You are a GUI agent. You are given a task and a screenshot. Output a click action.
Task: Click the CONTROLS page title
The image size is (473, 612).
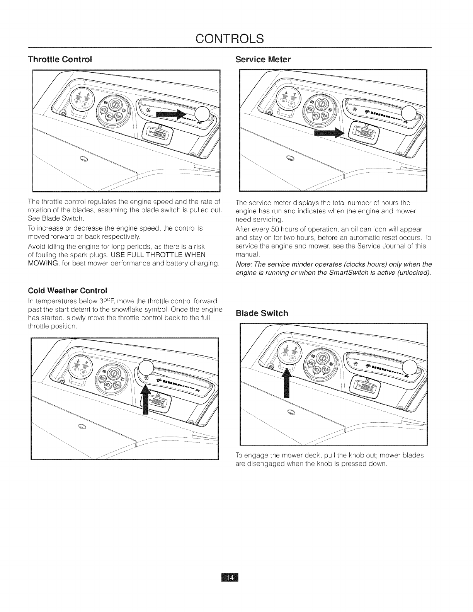[x=230, y=39]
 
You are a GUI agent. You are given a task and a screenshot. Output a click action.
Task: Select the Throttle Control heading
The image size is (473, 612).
[x=60, y=59]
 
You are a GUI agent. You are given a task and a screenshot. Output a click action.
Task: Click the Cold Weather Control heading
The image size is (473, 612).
[x=67, y=290]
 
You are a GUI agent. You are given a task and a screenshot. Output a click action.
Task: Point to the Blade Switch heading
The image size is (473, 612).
[x=262, y=313]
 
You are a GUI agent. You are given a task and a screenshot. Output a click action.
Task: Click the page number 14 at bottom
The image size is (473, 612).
[x=230, y=588]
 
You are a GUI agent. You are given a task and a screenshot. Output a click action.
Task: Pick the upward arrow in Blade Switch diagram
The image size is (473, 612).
[x=286, y=382]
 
